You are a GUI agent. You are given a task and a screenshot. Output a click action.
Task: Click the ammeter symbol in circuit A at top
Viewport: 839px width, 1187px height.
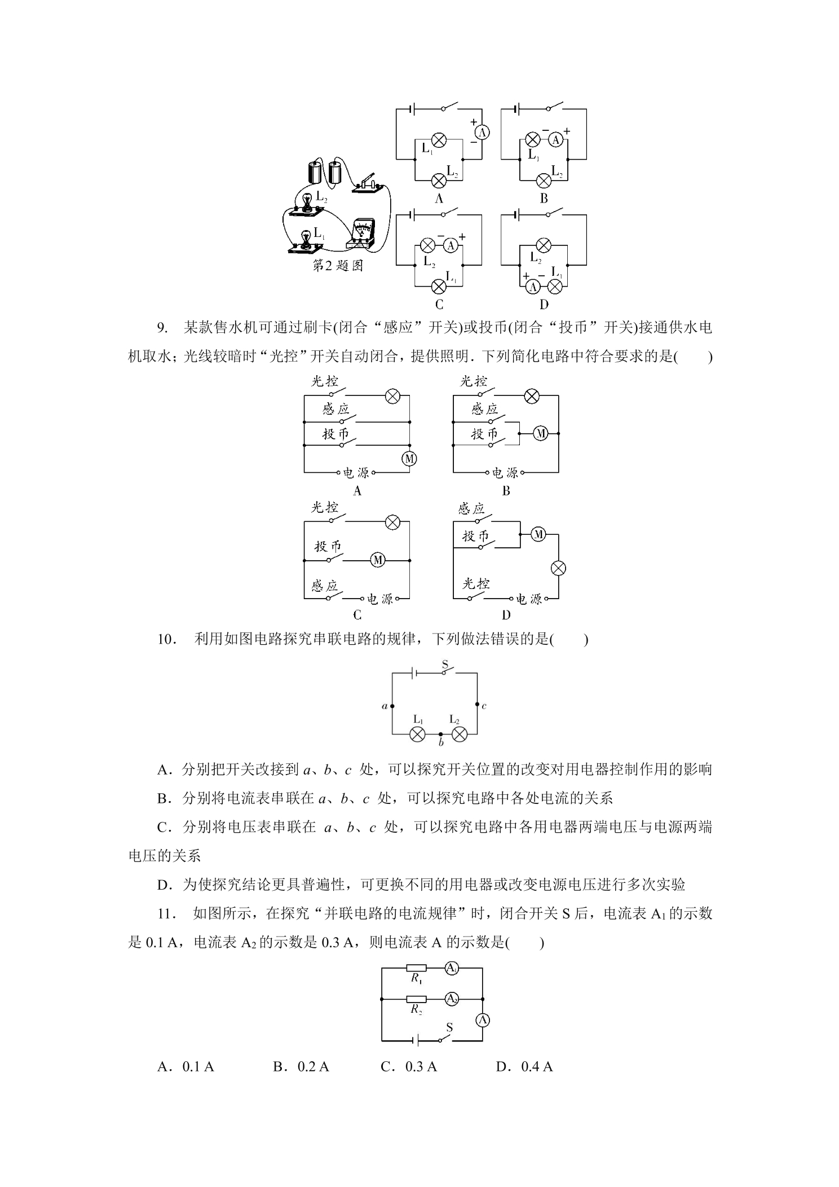coord(482,132)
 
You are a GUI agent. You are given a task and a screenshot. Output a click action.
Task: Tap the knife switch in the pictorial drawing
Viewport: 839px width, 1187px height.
coord(370,184)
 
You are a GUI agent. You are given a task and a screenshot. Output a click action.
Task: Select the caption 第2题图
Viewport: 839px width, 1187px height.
coord(338,265)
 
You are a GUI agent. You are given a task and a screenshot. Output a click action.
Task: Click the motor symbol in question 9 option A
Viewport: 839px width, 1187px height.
coord(409,459)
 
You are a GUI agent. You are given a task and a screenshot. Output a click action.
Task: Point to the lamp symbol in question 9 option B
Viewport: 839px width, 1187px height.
coord(531,396)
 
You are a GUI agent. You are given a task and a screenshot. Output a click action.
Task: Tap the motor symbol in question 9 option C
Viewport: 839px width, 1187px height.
coord(377,560)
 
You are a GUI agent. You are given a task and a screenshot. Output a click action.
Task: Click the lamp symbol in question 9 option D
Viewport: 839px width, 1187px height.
coord(558,568)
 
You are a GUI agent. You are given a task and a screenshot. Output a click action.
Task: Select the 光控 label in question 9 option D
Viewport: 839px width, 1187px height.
coord(475,584)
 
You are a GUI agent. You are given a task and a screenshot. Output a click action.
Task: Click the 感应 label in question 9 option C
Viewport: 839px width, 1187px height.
coord(324,586)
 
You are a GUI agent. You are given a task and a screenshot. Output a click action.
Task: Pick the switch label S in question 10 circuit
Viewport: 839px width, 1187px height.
coord(444,666)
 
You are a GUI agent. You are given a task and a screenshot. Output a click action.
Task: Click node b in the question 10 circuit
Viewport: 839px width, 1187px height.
coord(440,734)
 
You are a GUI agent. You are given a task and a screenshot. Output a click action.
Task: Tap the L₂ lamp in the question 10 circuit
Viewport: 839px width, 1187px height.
coord(460,734)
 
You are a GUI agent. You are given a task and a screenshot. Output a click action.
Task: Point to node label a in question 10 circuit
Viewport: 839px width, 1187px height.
coord(385,706)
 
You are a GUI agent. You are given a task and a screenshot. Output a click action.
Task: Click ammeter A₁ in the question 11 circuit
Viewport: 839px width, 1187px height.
coord(451,968)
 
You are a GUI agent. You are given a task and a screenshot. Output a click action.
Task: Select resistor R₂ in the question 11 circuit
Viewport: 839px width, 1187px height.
coord(416,999)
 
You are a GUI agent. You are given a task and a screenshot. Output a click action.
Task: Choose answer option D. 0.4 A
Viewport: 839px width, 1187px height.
coord(524,1067)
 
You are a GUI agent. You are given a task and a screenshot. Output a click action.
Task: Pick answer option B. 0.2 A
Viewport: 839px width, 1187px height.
coord(301,1067)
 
